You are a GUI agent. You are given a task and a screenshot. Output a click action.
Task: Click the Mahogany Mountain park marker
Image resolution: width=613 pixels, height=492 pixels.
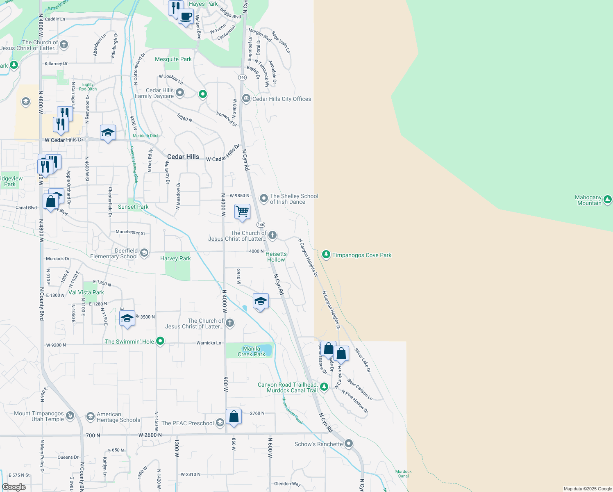click(608, 200)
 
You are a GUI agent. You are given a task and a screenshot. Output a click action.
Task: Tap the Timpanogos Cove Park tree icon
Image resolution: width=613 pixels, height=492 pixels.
click(326, 255)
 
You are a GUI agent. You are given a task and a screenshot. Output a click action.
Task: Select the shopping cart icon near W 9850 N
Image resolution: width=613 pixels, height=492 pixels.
click(242, 212)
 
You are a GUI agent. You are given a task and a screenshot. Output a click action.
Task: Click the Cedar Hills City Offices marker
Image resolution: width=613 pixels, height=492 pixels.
click(246, 98)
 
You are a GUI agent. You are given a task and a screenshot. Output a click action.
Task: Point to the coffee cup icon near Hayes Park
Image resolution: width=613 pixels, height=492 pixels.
click(186, 16)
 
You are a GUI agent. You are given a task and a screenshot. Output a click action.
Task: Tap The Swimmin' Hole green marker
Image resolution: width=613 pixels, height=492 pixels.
click(161, 341)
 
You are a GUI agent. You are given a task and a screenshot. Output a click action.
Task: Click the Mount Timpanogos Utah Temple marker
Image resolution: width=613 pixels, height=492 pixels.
click(70, 416)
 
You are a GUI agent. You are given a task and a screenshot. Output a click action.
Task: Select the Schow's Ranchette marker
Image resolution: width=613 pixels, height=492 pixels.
click(349, 444)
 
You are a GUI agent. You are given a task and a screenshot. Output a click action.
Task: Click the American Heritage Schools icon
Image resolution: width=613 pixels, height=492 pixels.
click(90, 417)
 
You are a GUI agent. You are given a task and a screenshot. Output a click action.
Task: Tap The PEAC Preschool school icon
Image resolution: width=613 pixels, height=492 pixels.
click(220, 423)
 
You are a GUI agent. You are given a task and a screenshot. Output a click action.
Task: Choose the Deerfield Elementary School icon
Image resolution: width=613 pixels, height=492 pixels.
click(144, 253)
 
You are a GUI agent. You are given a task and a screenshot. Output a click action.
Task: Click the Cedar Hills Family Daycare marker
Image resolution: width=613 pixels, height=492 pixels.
click(180, 93)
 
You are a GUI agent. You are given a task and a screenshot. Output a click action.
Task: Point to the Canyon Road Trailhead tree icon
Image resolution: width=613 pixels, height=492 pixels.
click(324, 387)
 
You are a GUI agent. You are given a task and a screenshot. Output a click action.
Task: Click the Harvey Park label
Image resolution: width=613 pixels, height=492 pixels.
click(175, 258)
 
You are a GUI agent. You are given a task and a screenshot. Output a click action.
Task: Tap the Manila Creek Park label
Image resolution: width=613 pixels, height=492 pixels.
click(251, 351)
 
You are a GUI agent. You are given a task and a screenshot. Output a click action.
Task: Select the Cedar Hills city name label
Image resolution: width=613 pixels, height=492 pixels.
click(183, 157)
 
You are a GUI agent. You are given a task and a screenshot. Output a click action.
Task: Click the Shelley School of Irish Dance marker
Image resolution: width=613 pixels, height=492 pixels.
click(264, 199)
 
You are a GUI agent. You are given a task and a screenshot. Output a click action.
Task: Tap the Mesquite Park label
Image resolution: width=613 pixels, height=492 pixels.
click(173, 59)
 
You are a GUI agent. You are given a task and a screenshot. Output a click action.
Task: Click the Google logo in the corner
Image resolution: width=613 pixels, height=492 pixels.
click(14, 487)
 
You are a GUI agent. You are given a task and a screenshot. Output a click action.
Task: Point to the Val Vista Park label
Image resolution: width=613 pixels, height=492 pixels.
click(86, 292)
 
